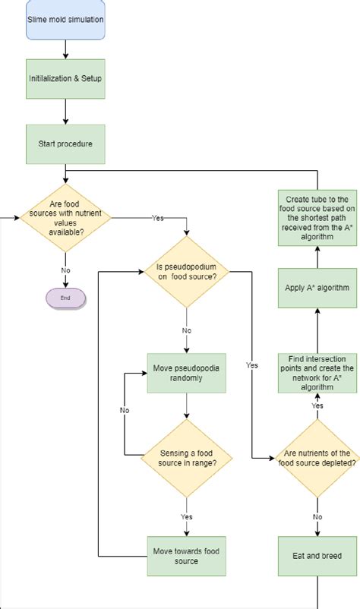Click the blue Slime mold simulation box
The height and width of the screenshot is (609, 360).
click(66, 21)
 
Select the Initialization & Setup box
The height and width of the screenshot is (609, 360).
click(66, 78)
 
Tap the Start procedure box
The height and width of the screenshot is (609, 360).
click(66, 143)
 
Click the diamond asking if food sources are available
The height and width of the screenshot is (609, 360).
click(66, 217)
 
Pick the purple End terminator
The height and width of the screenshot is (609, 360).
click(66, 298)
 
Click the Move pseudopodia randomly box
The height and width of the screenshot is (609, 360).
click(186, 373)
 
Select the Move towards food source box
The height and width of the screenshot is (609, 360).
click(186, 556)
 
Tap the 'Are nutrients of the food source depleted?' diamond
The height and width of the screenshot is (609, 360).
click(317, 458)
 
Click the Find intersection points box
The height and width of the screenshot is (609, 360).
click(317, 372)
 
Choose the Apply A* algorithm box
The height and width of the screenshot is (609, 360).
click(317, 289)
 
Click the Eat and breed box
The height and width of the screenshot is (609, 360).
click(317, 556)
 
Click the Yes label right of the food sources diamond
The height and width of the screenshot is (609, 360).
click(158, 218)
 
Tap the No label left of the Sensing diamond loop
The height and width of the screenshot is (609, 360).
click(125, 410)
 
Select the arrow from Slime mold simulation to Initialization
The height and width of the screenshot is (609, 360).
click(66, 49)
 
